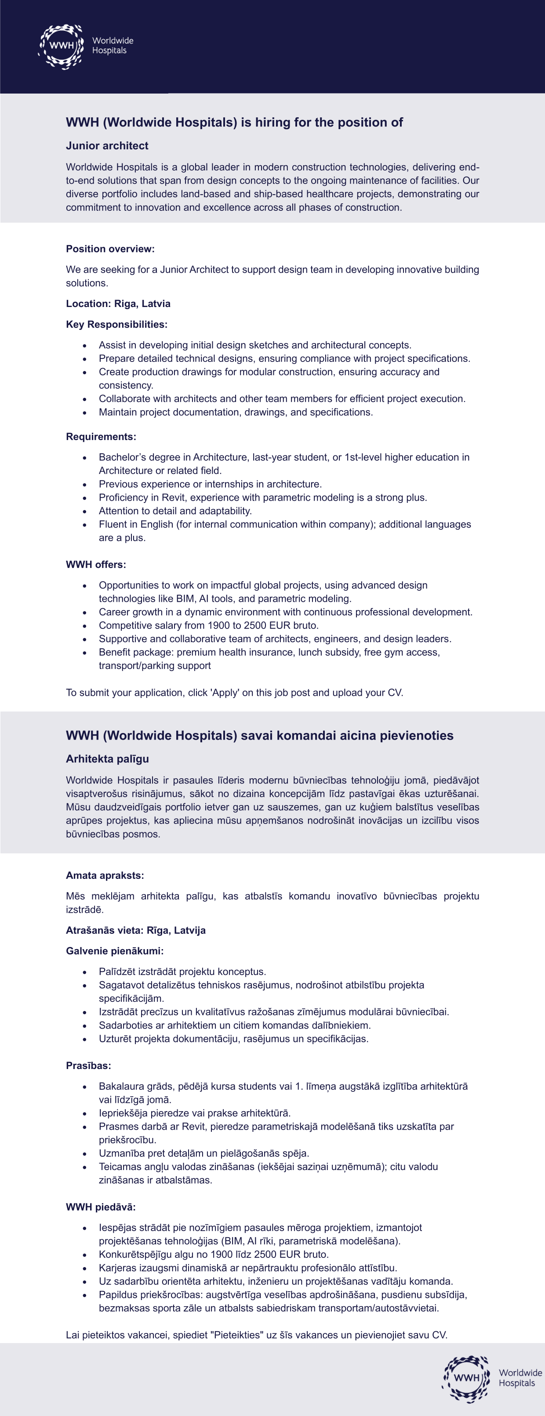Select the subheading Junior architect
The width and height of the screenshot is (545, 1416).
click(107, 146)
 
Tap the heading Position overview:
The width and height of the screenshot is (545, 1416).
click(110, 249)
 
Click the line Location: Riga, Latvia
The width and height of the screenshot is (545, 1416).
click(118, 303)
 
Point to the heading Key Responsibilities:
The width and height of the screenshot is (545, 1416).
click(116, 324)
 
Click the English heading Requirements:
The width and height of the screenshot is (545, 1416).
click(101, 437)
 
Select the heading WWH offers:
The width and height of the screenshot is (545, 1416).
click(96, 564)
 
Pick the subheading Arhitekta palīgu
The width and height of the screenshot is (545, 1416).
click(107, 759)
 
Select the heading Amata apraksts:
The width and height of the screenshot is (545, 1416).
click(105, 876)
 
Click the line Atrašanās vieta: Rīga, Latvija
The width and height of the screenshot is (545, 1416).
click(136, 930)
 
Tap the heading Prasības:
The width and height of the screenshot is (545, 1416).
click(88, 1066)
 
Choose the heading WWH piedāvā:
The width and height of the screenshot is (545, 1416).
click(101, 1207)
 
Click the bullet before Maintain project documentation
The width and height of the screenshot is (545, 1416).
click(85, 413)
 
